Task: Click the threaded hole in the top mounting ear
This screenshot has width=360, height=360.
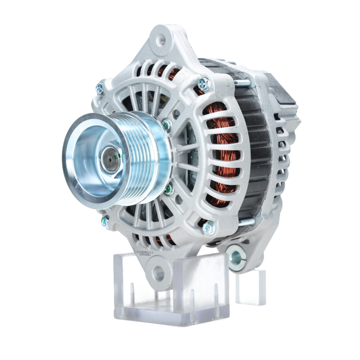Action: (x=162, y=39)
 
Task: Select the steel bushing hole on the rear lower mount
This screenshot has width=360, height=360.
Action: (x=235, y=256)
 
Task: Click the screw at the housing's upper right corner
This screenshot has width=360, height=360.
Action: (x=204, y=84)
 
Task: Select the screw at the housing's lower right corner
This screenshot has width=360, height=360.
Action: (x=208, y=227)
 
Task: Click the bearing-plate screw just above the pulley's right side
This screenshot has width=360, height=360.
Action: (x=166, y=125)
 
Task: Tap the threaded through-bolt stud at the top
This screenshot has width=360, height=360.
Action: (x=243, y=83)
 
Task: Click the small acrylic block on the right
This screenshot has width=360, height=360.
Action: (x=251, y=286)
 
